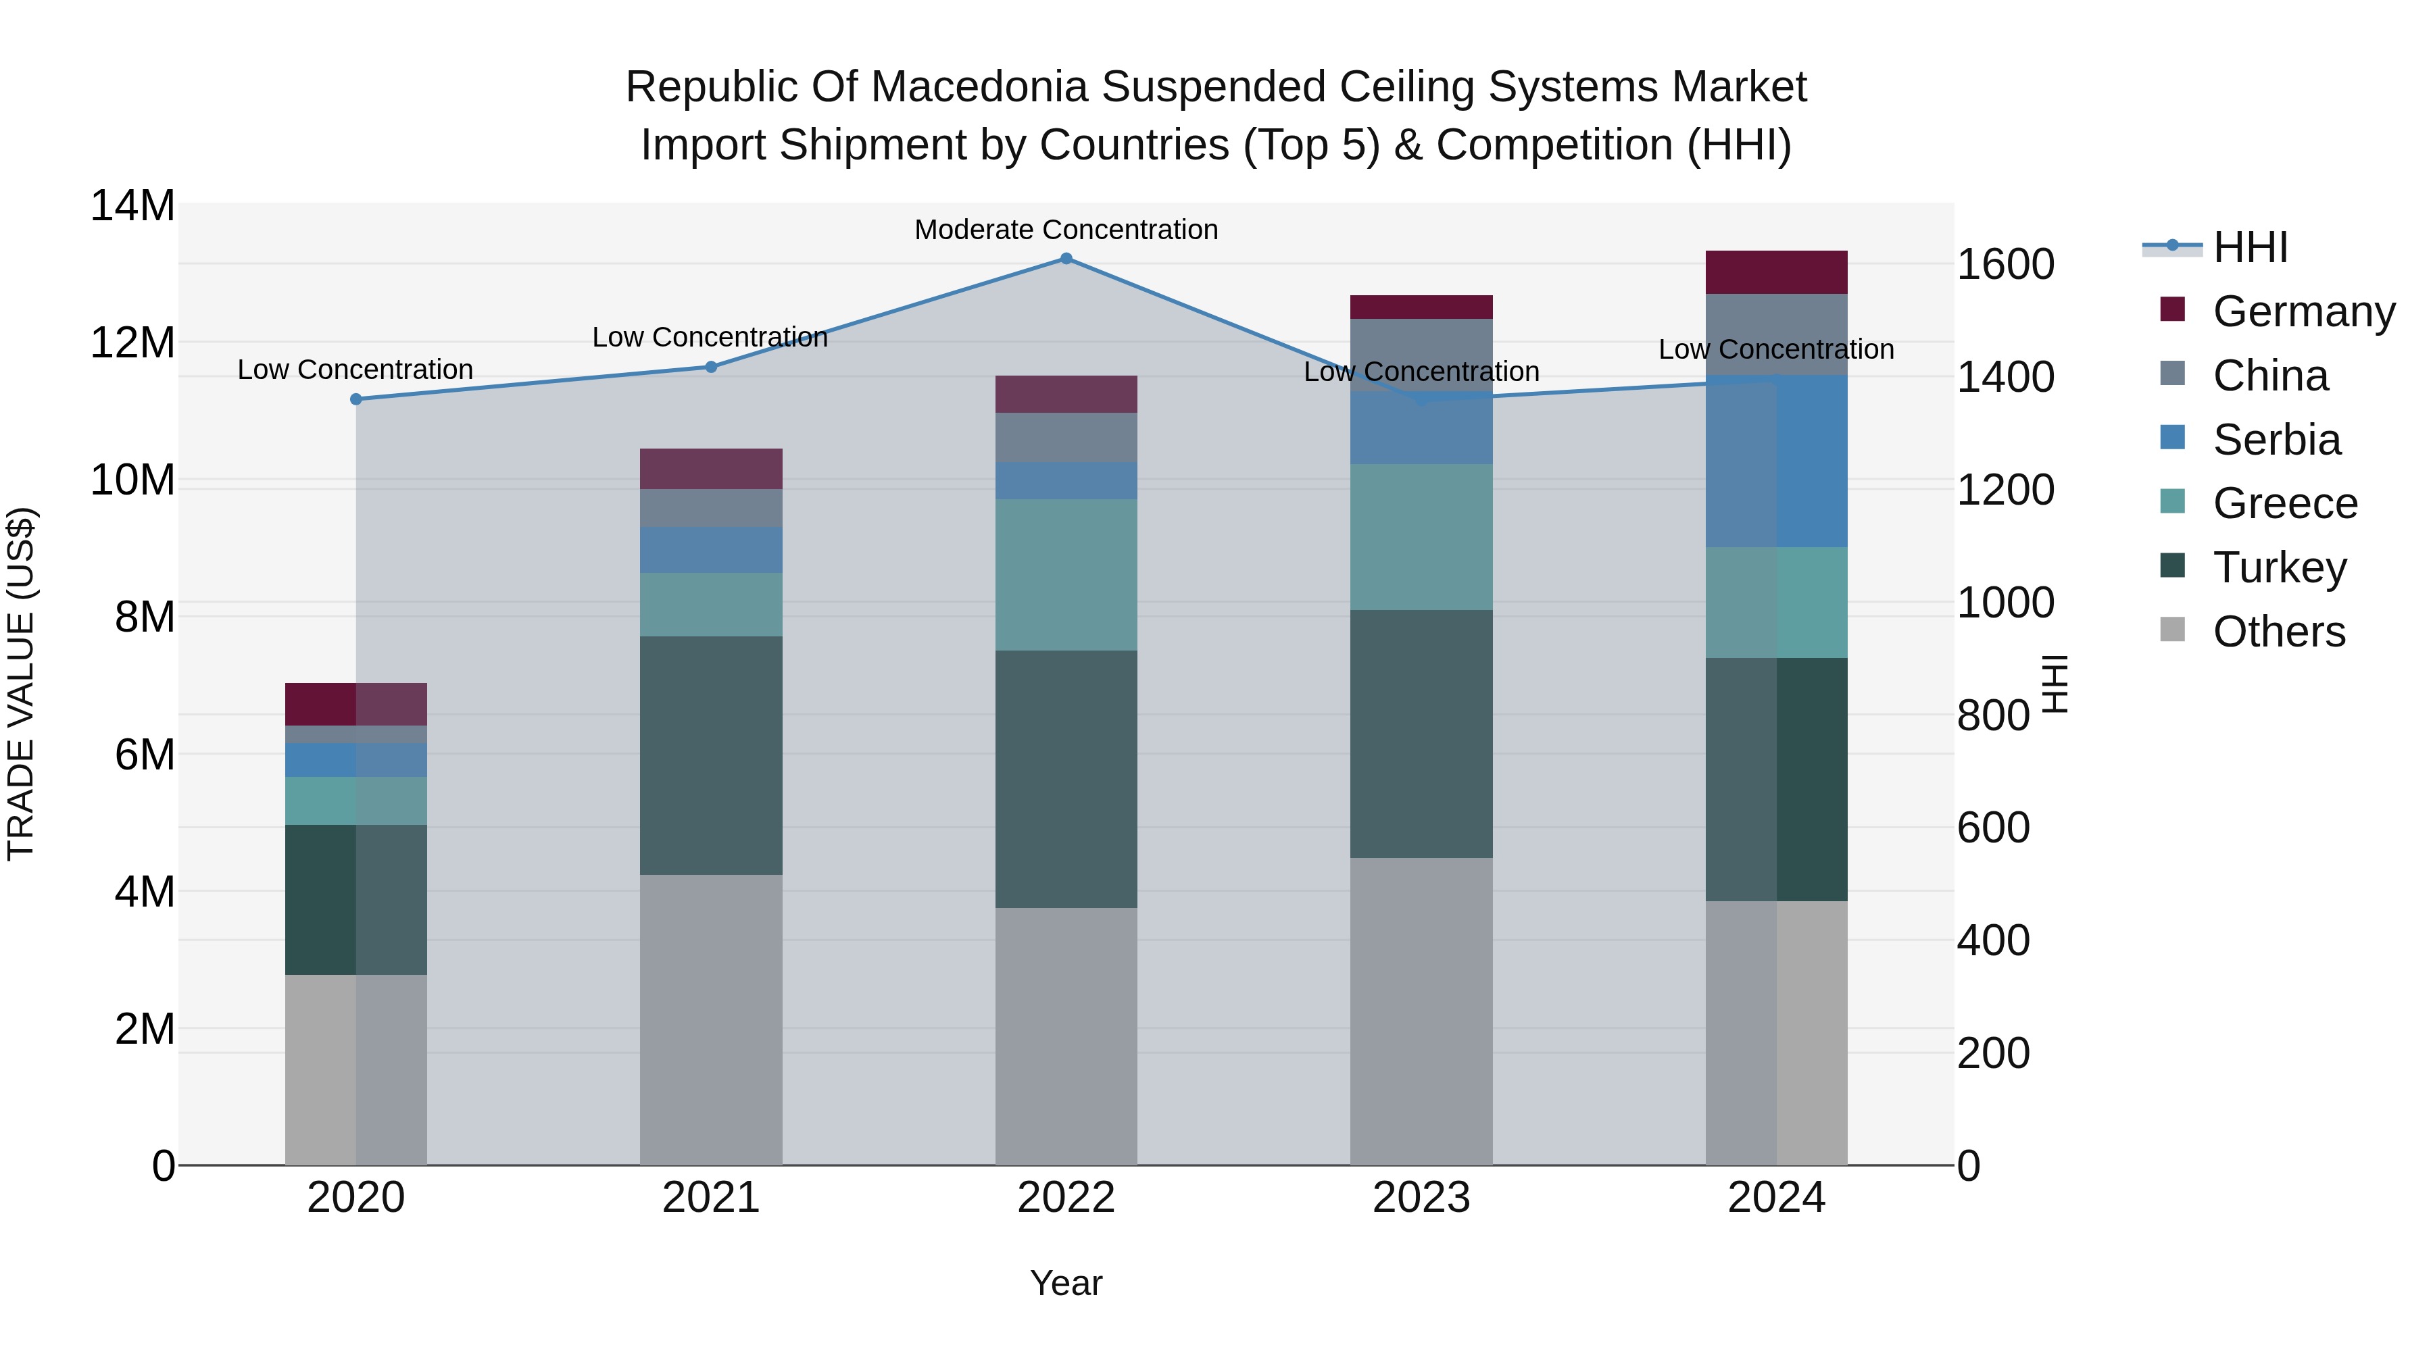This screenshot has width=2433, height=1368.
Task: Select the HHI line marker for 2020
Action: [356, 399]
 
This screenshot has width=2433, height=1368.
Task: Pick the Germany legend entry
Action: [2303, 311]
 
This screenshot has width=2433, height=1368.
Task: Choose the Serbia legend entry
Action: [2276, 440]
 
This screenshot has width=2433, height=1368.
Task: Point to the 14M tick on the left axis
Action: [132, 206]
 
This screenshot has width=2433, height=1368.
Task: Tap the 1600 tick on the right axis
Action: [2005, 264]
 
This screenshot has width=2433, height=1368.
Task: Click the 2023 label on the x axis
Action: [1421, 1198]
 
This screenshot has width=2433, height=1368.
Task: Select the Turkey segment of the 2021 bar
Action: [711, 755]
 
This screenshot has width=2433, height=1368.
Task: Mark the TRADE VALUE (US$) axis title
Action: [21, 684]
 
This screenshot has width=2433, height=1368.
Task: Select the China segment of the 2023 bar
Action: [1421, 354]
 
